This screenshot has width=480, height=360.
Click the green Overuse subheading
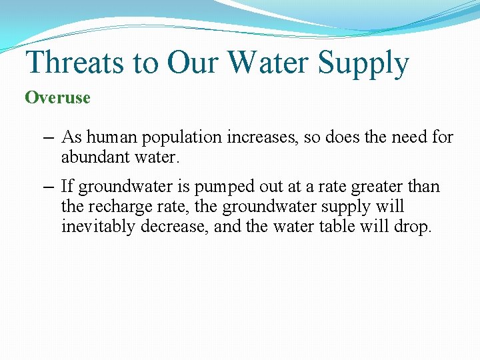pyautogui.click(x=57, y=97)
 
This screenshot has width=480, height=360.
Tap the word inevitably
pyautogui.click(x=95, y=226)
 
